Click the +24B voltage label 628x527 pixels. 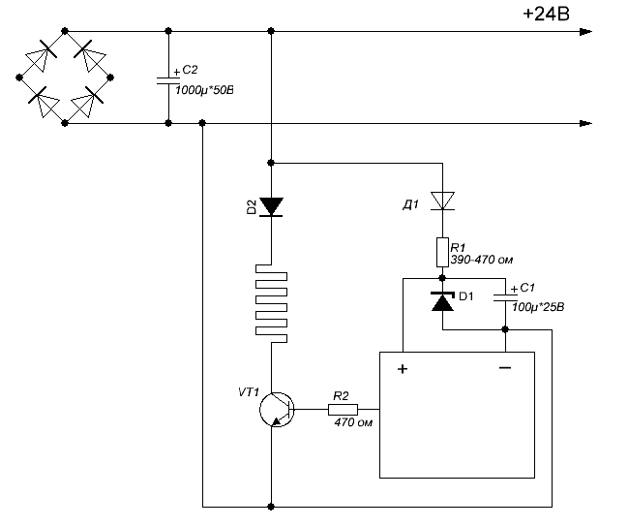(x=546, y=14)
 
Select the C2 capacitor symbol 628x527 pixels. (x=168, y=81)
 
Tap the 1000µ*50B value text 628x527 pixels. (x=204, y=90)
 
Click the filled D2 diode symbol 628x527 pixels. (x=271, y=207)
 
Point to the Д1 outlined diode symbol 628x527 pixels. (x=442, y=201)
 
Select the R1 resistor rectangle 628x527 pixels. (x=442, y=252)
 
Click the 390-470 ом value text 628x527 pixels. (x=482, y=260)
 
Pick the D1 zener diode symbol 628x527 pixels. (x=442, y=302)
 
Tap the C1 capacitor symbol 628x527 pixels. (x=505, y=297)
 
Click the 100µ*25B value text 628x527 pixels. (x=538, y=308)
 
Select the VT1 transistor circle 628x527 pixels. (x=277, y=410)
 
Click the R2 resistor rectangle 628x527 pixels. (x=343, y=410)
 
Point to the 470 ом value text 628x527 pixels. (x=353, y=422)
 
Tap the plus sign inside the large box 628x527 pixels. (x=403, y=368)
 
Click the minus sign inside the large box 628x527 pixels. (x=505, y=367)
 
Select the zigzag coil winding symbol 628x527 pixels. (x=271, y=303)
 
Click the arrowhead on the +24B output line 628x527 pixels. (x=586, y=32)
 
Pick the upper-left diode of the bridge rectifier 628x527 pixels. (x=42, y=55)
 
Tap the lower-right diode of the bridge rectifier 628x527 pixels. (x=87, y=102)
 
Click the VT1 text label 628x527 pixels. (x=249, y=391)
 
